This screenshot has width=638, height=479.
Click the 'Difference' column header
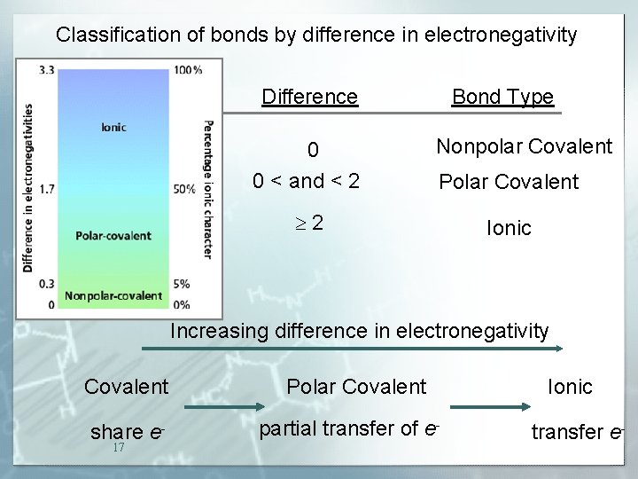coord(309,97)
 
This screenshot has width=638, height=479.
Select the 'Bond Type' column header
coord(502,97)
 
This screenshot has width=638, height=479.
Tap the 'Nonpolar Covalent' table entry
coord(524,146)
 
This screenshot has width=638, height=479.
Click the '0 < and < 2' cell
coord(306,182)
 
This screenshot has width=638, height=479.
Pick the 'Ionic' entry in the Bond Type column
coord(509,228)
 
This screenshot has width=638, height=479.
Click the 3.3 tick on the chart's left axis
coord(47,69)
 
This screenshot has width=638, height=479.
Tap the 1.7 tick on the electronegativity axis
coord(47,189)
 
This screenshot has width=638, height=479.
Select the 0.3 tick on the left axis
coord(47,284)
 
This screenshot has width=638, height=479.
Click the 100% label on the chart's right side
coord(187,69)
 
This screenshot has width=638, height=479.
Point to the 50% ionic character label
coord(184,189)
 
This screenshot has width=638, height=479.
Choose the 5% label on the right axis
coord(182,284)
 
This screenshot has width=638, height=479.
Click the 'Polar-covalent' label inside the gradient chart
coord(113,236)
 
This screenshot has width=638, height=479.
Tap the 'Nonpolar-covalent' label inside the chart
coord(113,295)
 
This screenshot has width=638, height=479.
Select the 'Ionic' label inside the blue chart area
coord(113,127)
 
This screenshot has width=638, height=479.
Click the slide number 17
coord(119,448)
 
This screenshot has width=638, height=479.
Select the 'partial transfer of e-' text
coord(349,428)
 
